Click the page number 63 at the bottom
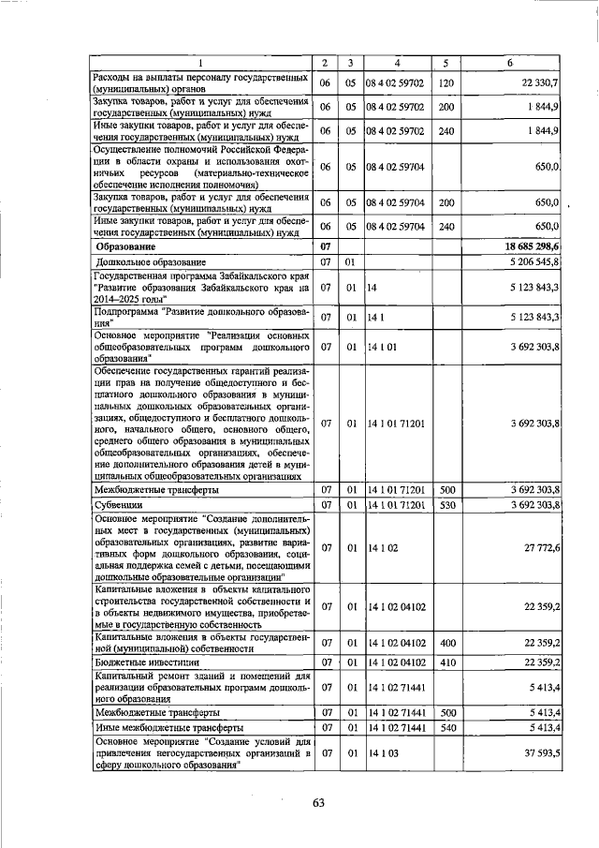coord(317,802)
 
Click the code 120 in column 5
coord(446,84)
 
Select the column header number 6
coord(510,62)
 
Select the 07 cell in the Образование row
coord(324,245)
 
